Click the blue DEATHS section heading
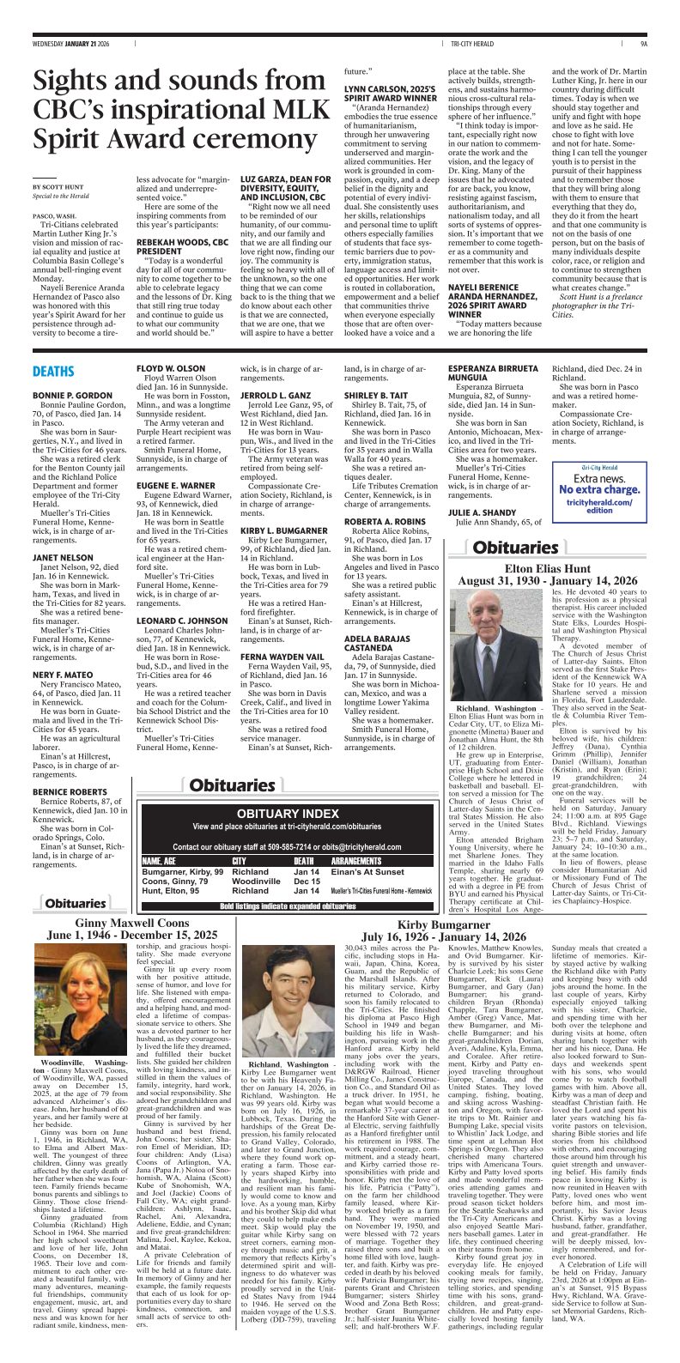tap(53, 372)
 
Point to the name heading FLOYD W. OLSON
tap(171, 367)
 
